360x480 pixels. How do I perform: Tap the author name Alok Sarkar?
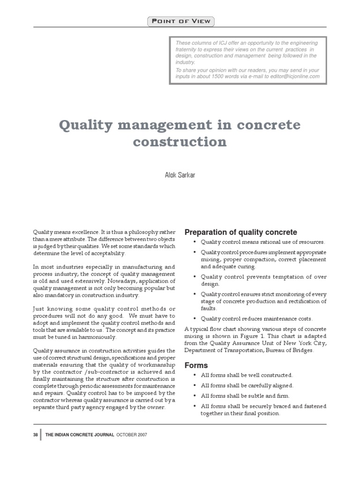click(180, 175)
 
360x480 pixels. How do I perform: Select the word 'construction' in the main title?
click(180, 142)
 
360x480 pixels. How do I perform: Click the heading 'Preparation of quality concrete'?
click(240, 232)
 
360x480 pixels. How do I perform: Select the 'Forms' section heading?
click(196, 365)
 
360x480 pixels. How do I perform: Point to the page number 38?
click(36, 435)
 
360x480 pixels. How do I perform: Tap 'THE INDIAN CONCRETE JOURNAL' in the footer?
click(80, 435)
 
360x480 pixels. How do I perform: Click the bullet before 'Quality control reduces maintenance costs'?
click(194, 319)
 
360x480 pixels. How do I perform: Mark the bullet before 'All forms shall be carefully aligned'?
click(194, 386)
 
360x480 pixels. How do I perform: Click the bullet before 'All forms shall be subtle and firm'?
click(194, 396)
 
